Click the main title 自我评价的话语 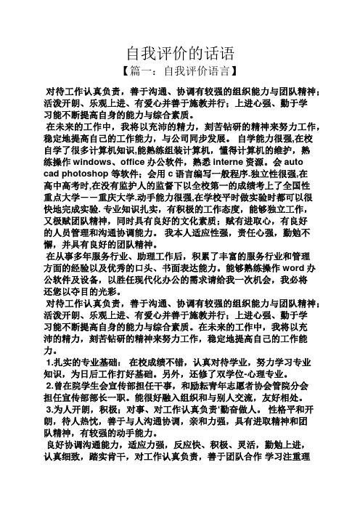click(x=179, y=53)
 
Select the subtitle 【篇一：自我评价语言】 click(x=179, y=73)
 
